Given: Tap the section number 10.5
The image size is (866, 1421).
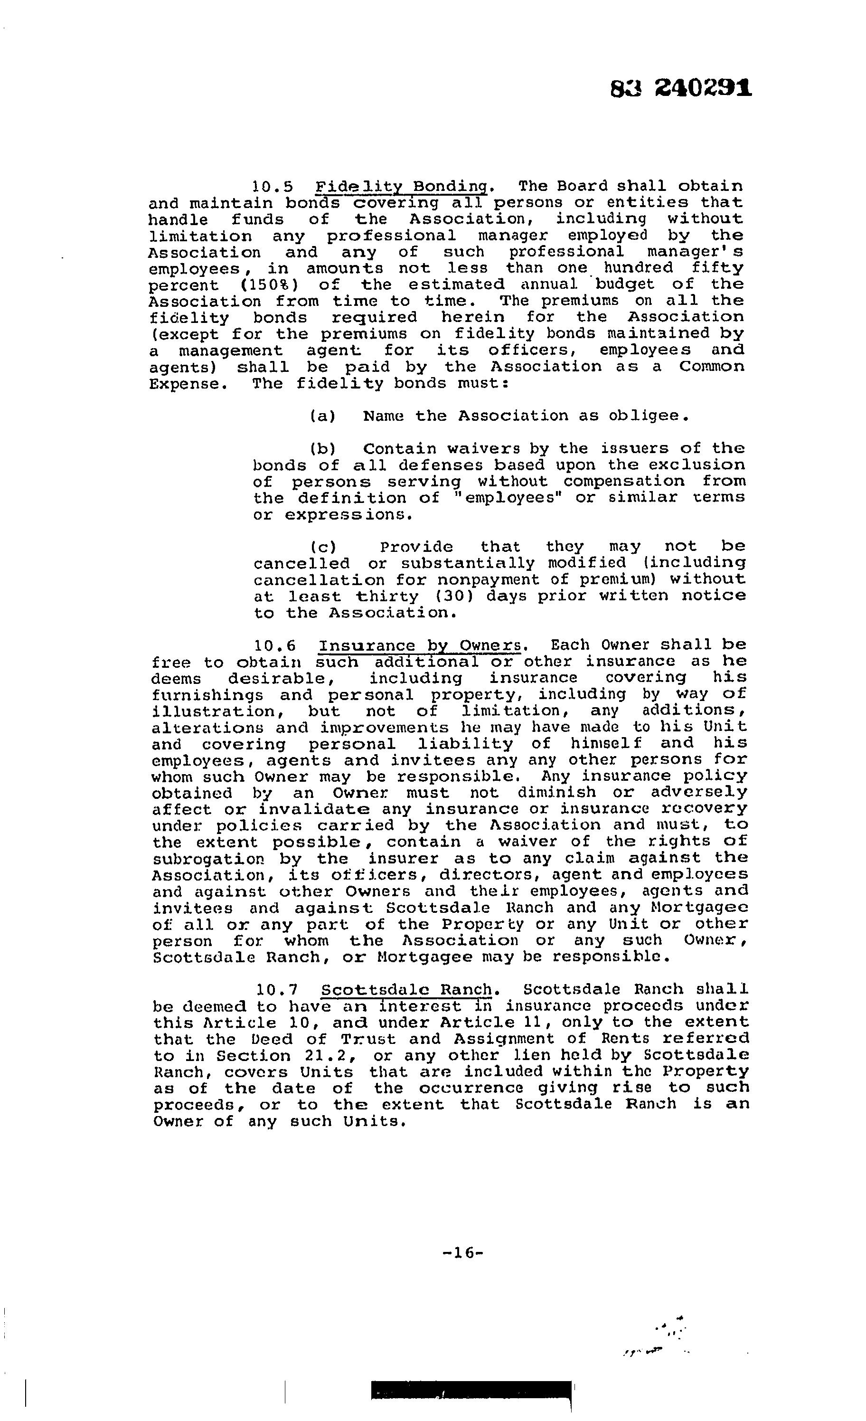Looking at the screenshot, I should tap(273, 187).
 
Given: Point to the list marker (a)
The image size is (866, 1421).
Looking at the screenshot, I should tap(322, 416).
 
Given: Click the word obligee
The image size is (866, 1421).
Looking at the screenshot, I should tap(648, 416).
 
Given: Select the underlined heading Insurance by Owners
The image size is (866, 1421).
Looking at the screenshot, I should tap(422, 645).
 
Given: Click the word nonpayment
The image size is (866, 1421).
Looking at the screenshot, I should tap(480, 579).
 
